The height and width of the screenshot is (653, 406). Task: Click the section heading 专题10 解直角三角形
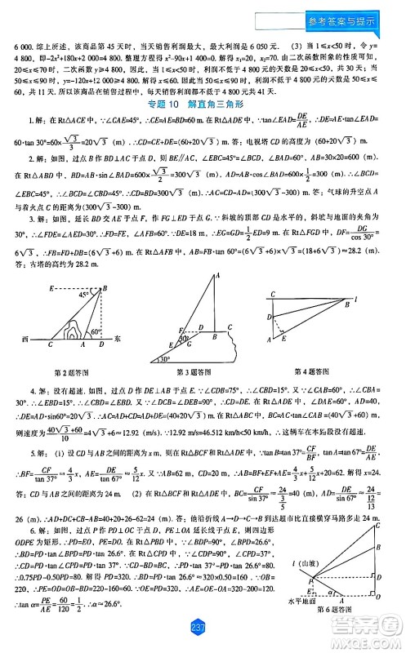(x=203, y=104)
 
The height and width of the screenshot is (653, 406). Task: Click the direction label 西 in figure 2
(x=27, y=339)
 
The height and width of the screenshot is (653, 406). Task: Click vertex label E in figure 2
(x=51, y=287)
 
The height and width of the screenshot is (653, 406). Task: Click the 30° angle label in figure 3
(x=167, y=358)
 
